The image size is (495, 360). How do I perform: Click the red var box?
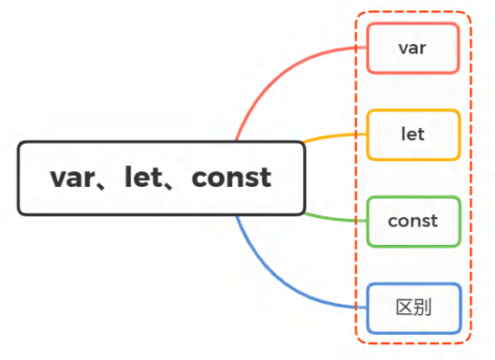(x=413, y=48)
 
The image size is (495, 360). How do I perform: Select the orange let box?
(x=414, y=135)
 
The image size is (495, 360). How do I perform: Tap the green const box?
(x=414, y=222)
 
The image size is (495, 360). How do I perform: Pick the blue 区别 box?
(x=414, y=308)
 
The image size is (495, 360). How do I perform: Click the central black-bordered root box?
(x=161, y=178)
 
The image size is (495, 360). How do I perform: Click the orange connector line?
(x=334, y=136)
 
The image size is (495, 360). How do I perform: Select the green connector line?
(x=334, y=219)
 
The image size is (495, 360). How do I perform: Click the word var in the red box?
(x=412, y=48)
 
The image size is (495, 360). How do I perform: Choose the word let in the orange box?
(x=413, y=134)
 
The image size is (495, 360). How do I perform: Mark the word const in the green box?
(x=413, y=221)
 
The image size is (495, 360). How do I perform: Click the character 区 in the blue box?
(x=404, y=307)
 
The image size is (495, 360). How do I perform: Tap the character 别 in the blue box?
(x=422, y=307)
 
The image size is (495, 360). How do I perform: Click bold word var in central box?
(x=73, y=178)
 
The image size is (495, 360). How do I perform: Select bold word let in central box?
(x=144, y=177)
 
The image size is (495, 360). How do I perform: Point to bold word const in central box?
(x=231, y=177)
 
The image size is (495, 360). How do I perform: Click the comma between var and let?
(x=101, y=185)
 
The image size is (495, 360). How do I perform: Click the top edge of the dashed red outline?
(x=414, y=12)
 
